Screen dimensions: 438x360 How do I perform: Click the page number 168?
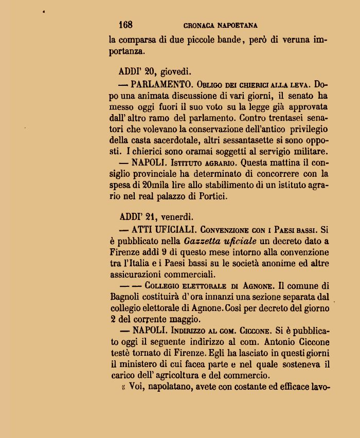125,25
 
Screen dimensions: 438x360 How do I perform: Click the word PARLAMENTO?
161,84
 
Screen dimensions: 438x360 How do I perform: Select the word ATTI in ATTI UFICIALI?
143,229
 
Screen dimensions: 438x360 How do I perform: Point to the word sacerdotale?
174,140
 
